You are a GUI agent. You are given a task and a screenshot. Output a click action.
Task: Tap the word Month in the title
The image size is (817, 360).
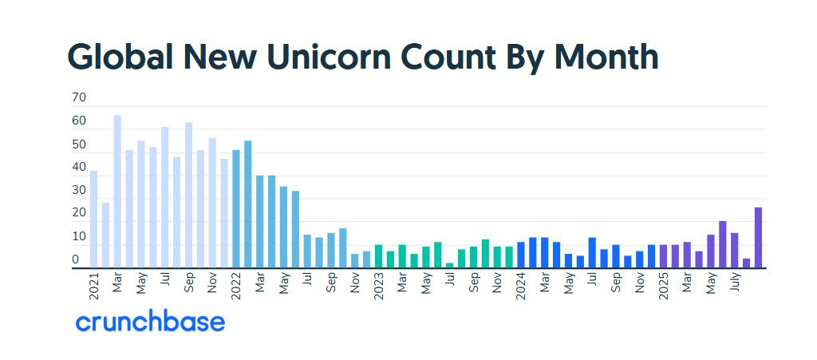tap(606, 57)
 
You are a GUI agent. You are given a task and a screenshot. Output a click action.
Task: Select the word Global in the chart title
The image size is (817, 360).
tap(120, 57)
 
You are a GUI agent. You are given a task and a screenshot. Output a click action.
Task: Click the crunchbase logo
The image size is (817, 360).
tap(150, 322)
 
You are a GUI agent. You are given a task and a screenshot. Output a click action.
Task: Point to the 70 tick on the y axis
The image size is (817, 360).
tap(79, 98)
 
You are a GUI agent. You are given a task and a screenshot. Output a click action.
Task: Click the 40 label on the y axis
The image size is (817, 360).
tap(79, 168)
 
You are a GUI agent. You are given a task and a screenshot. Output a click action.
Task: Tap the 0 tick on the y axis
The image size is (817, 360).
tap(76, 260)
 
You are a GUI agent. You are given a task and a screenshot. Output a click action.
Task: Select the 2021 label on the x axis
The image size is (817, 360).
tap(93, 286)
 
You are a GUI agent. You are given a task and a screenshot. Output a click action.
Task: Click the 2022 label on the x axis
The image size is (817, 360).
tap(236, 286)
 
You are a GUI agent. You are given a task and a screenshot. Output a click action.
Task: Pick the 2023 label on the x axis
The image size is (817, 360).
tap(379, 286)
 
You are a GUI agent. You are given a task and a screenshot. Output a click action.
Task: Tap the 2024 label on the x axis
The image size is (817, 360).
tap(521, 286)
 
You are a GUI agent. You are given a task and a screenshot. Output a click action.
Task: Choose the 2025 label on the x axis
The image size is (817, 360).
tap(664, 286)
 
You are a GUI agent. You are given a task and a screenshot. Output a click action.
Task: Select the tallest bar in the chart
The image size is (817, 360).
tap(117, 192)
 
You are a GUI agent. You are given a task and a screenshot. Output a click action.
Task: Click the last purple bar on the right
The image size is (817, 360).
tap(758, 238)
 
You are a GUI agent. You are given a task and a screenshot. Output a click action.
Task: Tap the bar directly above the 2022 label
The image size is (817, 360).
tap(236, 209)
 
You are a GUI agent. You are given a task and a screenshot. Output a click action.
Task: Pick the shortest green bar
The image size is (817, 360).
tap(450, 266)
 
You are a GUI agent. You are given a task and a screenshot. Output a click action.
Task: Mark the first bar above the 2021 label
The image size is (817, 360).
tap(93, 220)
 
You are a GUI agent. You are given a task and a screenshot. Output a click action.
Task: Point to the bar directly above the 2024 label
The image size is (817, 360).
tap(521, 255)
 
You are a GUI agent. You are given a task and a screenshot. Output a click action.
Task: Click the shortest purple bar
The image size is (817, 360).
tap(746, 263)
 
